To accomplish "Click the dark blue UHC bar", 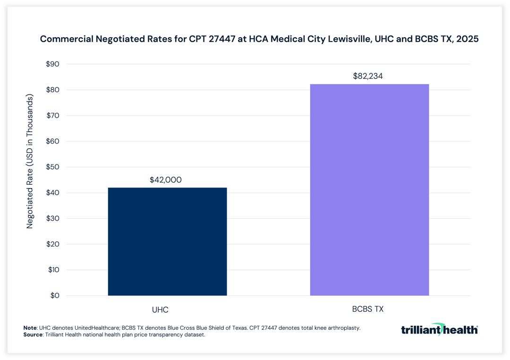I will pyautogui.click(x=167, y=241).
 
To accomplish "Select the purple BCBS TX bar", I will pyautogui.click(x=369, y=190).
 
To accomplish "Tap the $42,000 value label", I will pyautogui.click(x=166, y=180).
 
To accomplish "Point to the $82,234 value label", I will pyautogui.click(x=369, y=76).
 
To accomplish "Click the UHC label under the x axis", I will pyautogui.click(x=161, y=310).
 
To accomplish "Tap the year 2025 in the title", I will pyautogui.click(x=467, y=40).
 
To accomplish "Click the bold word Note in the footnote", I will pyautogui.click(x=30, y=328).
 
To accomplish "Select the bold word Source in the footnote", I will pyautogui.click(x=33, y=334).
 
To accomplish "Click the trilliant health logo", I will pyautogui.click(x=439, y=329).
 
